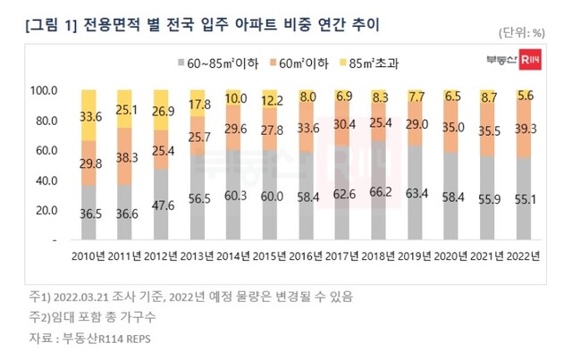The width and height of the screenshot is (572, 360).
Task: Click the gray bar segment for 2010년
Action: tap(88, 213)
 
